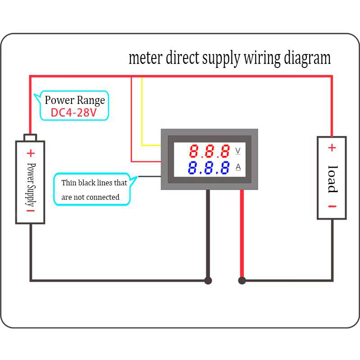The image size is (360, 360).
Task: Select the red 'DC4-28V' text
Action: [x=74, y=112]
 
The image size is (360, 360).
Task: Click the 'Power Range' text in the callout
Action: [x=75, y=100]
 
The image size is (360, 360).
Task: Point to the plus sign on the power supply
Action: [x=31, y=153]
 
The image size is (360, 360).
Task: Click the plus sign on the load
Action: [x=332, y=148]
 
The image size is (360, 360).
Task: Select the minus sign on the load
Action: [x=332, y=207]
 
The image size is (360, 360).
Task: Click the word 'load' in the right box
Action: [x=332, y=179]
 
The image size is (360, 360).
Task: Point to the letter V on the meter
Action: [x=238, y=150]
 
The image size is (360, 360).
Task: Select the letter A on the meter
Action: [x=238, y=167]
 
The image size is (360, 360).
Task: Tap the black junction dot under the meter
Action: [x=208, y=280]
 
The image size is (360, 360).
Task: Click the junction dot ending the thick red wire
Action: [x=242, y=280]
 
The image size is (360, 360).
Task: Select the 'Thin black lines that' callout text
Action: [x=94, y=183]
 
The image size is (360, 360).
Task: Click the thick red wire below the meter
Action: [x=242, y=234]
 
